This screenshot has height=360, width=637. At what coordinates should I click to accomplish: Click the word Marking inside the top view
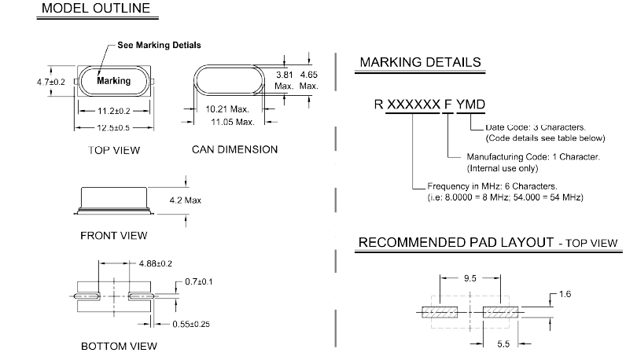[112, 80]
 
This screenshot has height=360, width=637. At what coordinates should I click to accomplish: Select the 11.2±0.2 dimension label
[113, 111]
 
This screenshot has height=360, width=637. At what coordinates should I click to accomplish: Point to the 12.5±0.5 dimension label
[113, 126]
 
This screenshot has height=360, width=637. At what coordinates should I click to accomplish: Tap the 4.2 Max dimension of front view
[186, 200]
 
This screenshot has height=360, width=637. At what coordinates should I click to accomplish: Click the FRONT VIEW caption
[113, 235]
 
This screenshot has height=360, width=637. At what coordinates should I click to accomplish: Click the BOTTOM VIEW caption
[118, 346]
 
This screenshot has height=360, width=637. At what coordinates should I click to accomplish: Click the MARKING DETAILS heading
[420, 62]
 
